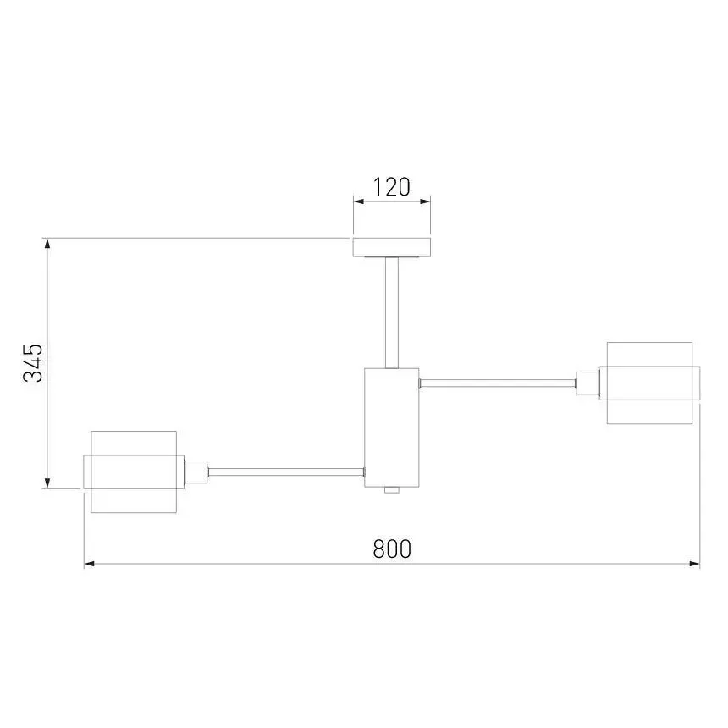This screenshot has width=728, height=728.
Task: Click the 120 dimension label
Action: pos(391,187)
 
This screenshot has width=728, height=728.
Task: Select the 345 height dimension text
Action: pos(33,363)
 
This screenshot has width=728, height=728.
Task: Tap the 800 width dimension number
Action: pos(392,549)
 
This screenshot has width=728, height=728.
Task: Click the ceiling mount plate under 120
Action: pos(392,247)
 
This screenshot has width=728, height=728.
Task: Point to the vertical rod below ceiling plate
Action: pos(392,312)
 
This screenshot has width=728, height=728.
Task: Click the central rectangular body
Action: pos(392,427)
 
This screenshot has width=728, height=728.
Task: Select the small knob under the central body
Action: pos(392,490)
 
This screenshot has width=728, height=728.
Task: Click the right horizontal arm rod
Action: pos(498,383)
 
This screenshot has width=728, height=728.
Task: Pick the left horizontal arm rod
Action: pos(286,472)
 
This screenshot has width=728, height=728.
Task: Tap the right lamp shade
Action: pos(649,383)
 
